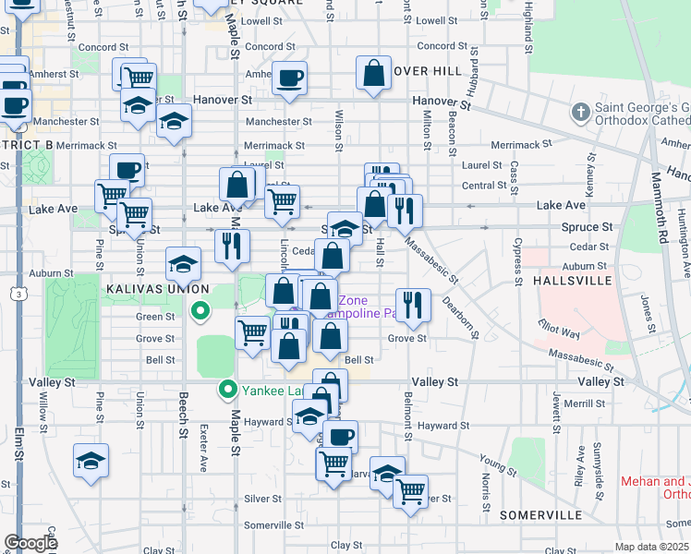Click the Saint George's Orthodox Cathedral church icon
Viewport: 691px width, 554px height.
coord(581,113)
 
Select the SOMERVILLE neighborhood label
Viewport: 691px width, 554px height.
coord(539,514)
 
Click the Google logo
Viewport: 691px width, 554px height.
coord(30,543)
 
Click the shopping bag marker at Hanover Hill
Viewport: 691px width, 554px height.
coord(373,77)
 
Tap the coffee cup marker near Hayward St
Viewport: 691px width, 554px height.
coord(341,436)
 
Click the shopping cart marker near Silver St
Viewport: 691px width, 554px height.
coord(410,490)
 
